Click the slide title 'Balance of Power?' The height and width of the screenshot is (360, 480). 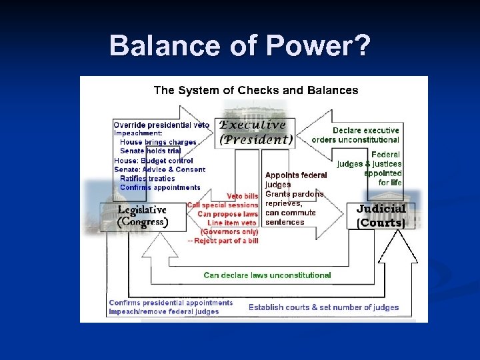click(239, 46)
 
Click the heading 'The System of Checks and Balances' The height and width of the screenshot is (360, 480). click(256, 90)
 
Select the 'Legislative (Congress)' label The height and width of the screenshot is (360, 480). click(142, 217)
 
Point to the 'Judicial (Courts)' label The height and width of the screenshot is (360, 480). click(381, 215)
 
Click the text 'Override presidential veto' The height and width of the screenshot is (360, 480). click(161, 125)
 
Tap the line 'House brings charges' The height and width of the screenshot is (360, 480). click(158, 142)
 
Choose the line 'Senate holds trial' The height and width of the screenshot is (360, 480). click(150, 151)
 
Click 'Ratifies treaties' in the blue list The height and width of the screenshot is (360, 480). click(147, 179)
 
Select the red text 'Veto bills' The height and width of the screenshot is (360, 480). click(243, 196)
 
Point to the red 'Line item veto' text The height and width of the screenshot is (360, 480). click(233, 223)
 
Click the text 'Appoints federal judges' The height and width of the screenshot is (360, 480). click(296, 179)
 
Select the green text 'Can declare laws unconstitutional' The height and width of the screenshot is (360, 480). click(267, 275)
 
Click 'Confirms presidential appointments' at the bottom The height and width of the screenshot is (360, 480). click(171, 303)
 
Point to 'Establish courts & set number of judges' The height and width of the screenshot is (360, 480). click(324, 307)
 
